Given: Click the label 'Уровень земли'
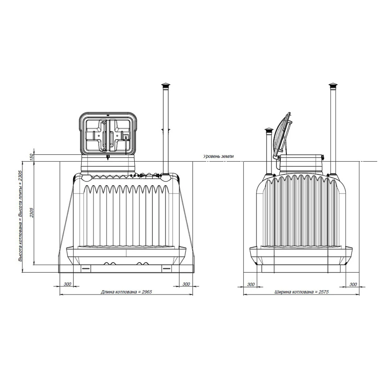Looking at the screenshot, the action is (x=218, y=156).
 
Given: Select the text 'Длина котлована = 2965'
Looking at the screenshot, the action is (x=126, y=292).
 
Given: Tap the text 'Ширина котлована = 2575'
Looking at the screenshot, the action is (x=302, y=292).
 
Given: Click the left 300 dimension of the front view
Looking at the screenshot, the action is (x=67, y=284).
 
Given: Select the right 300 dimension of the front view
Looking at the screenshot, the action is (x=186, y=284).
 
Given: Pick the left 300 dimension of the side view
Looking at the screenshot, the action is (x=251, y=284).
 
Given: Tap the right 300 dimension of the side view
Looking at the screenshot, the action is (x=353, y=284).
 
